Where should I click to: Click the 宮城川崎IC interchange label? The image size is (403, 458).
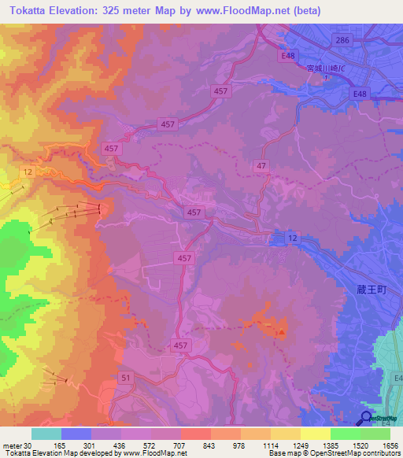tap(324, 69)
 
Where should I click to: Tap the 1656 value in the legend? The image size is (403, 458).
tap(390, 445)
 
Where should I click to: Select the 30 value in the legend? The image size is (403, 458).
tap(31, 445)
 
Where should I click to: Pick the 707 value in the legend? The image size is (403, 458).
tap(180, 445)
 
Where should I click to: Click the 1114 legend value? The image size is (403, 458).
tap(270, 445)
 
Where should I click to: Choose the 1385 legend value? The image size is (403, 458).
tap(331, 445)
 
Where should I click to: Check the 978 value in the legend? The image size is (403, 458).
tap(240, 445)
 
